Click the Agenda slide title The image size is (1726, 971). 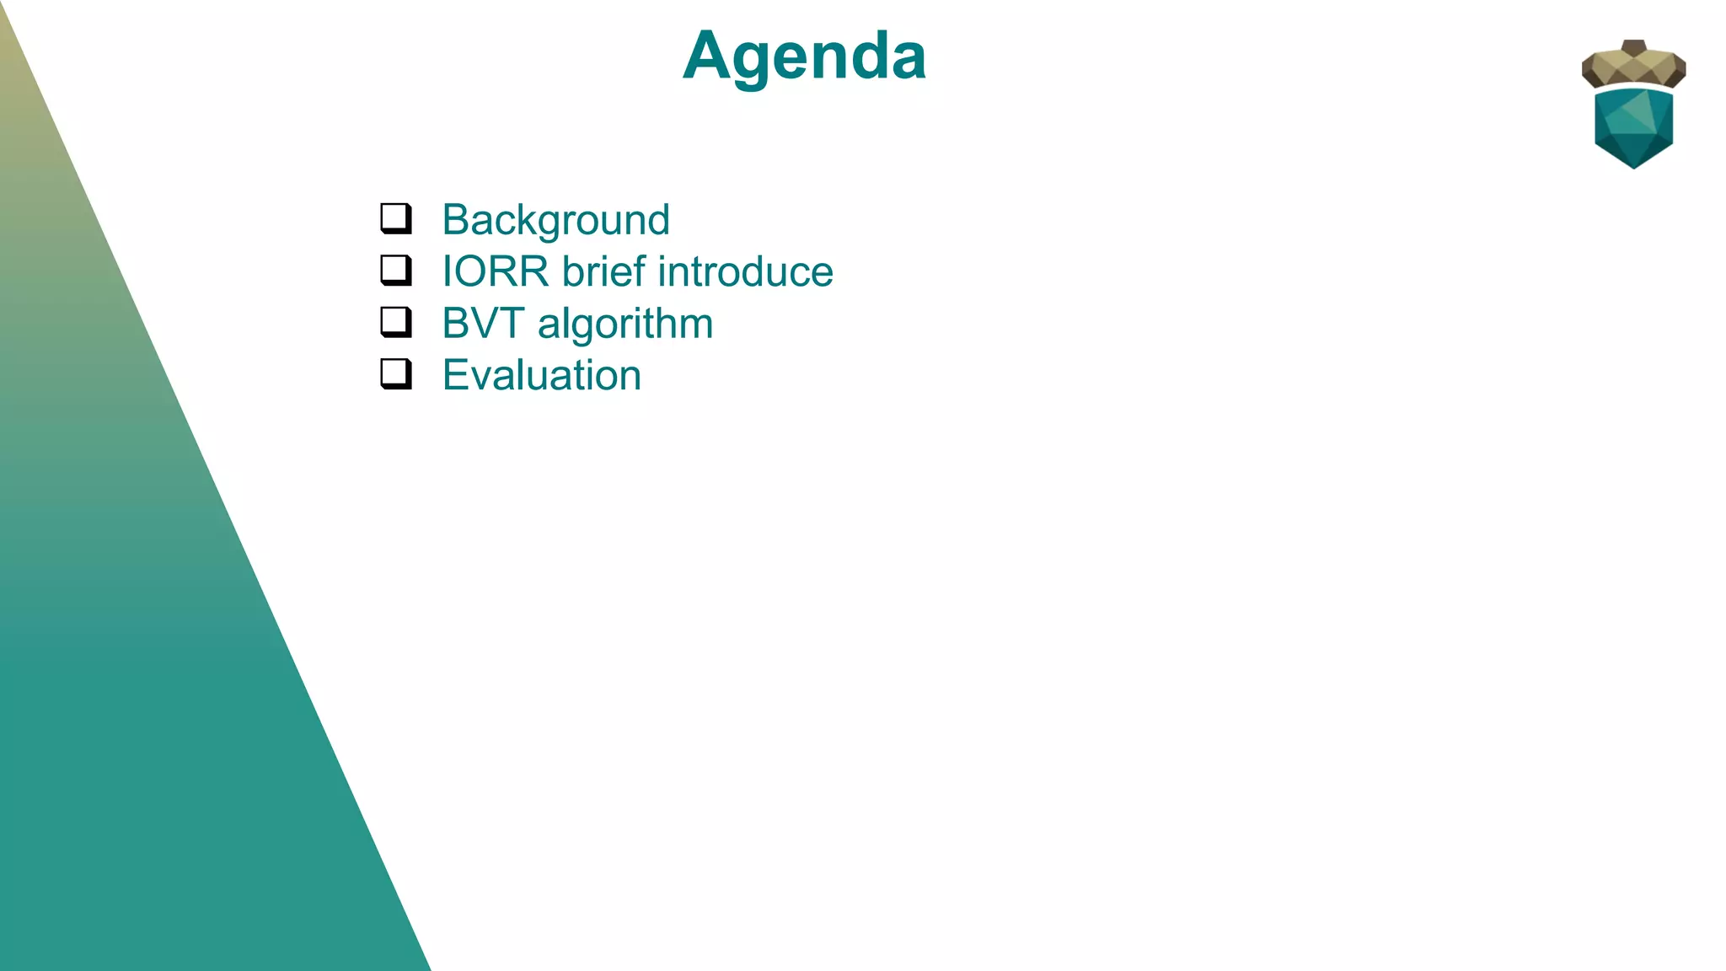click(804, 56)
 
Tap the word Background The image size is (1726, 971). click(555, 220)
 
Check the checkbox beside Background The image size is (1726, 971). click(395, 217)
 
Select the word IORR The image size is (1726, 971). click(496, 272)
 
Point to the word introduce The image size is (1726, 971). click(745, 272)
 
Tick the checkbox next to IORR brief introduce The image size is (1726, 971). click(395, 270)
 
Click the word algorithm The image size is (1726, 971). click(624, 324)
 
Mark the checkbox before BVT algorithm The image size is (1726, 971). click(395, 321)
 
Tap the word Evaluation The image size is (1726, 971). click(541, 375)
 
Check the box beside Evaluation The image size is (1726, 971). click(395, 373)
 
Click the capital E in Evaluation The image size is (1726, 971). click(456, 375)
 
